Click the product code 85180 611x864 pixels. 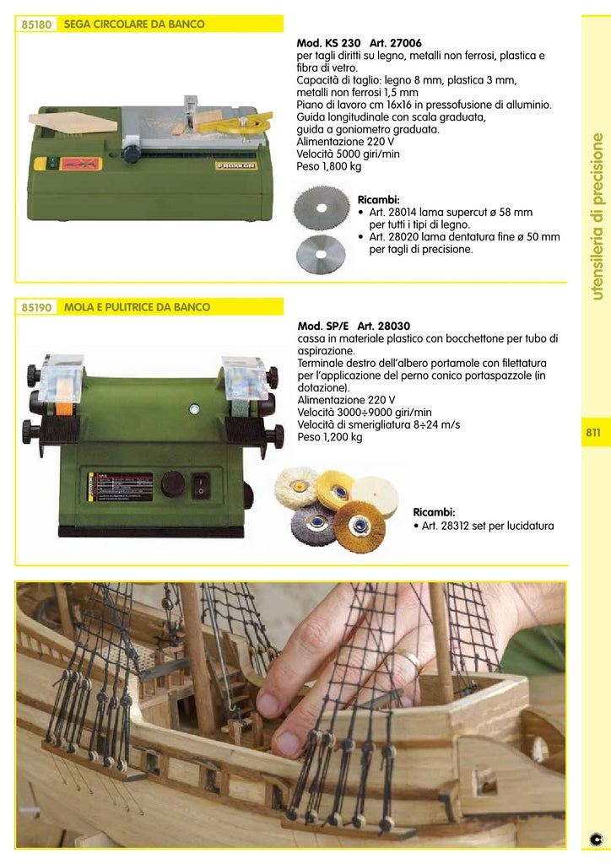tap(36, 25)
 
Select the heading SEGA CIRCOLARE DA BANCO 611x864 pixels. tap(134, 24)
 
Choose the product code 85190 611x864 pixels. tap(36, 308)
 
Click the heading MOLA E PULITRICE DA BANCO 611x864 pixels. tap(137, 307)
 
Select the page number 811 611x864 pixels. tap(593, 433)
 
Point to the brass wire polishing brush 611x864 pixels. tap(360, 525)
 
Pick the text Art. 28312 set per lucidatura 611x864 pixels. tap(484, 526)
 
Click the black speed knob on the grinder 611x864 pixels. tap(172, 484)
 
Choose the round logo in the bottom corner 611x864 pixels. tap(596, 840)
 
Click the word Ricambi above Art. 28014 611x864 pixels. tap(378, 200)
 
